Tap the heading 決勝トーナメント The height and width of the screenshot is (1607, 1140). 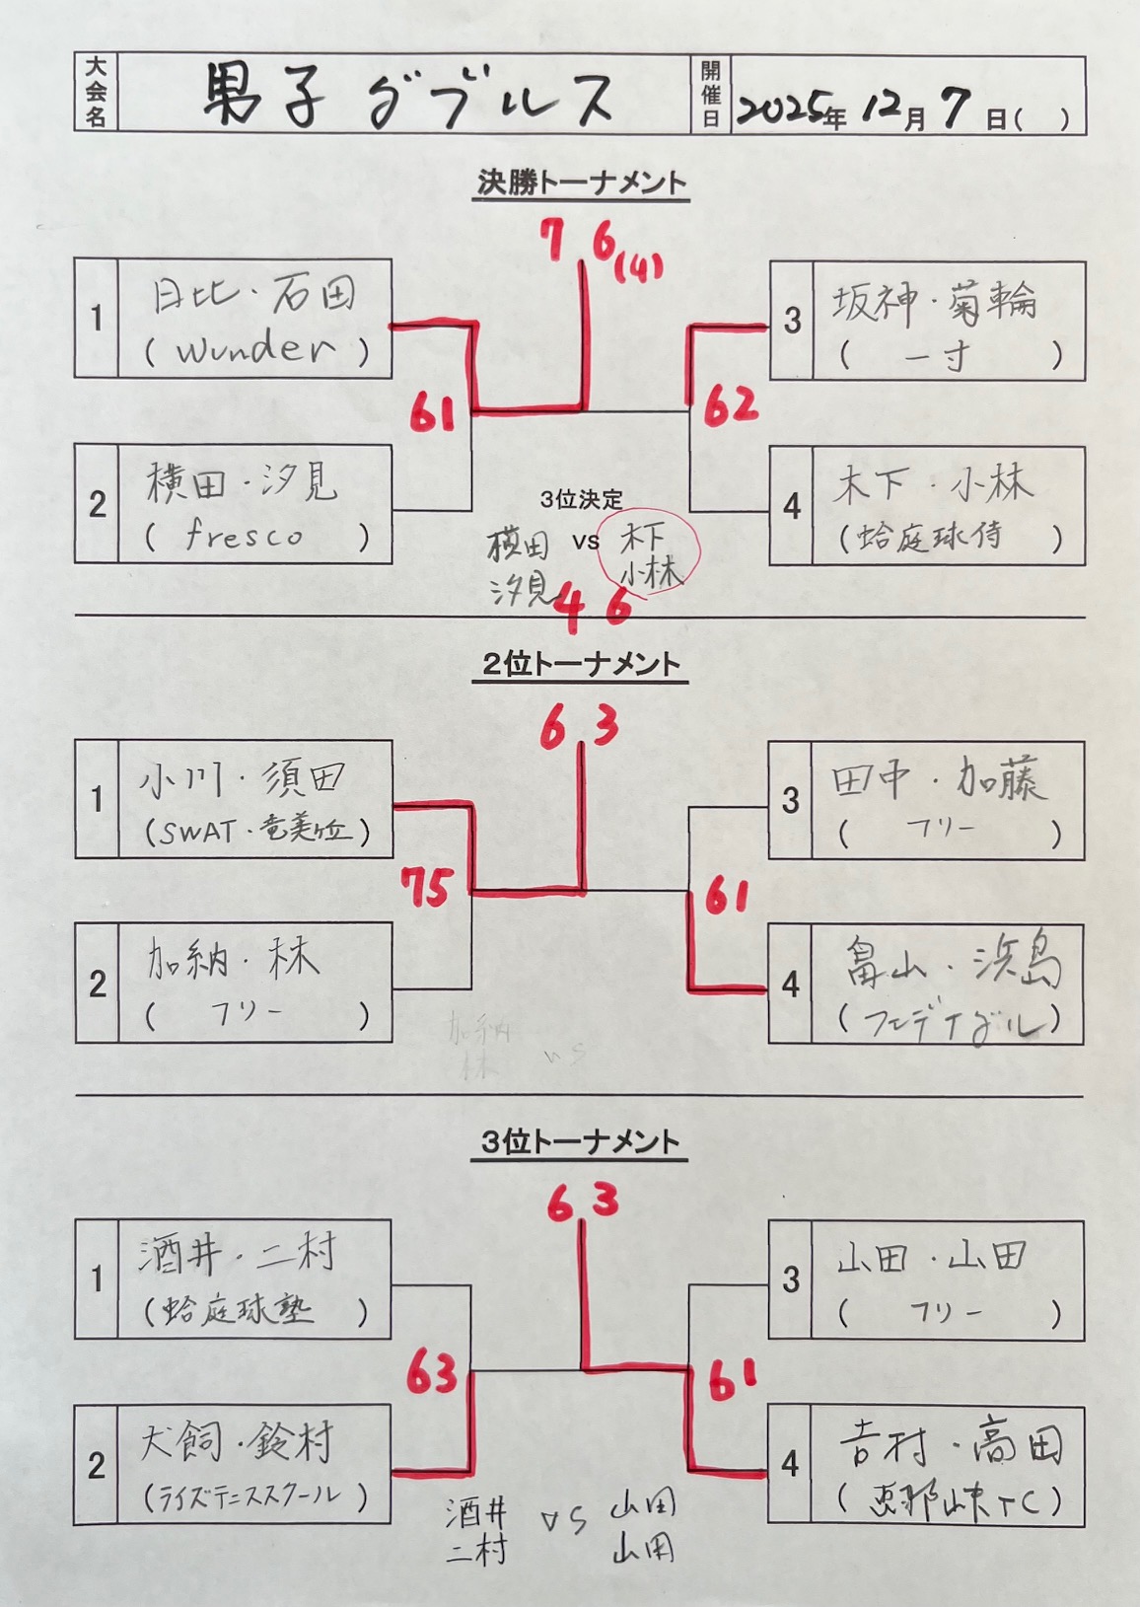pyautogui.click(x=581, y=183)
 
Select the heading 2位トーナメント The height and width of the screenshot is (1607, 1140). pyautogui.click(x=581, y=664)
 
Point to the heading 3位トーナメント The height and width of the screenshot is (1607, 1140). pyautogui.click(x=581, y=1142)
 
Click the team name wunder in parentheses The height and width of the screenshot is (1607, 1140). pyautogui.click(x=256, y=350)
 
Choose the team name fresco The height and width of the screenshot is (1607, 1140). pyautogui.click(x=244, y=536)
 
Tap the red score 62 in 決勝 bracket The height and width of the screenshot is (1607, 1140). pyautogui.click(x=731, y=404)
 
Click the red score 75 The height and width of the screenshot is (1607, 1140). pyautogui.click(x=425, y=887)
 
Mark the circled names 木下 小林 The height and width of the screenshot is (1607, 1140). pyautogui.click(x=648, y=554)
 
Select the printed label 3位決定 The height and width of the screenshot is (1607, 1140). pyautogui.click(x=582, y=500)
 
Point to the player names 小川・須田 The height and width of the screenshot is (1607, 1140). pyautogui.click(x=243, y=779)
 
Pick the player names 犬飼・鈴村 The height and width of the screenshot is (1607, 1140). pyautogui.click(x=238, y=1443)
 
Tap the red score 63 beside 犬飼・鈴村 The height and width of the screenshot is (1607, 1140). pyautogui.click(x=432, y=1372)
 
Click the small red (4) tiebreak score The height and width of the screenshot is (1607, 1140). pyautogui.click(x=639, y=266)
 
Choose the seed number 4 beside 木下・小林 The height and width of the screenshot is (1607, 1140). pyautogui.click(x=791, y=506)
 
